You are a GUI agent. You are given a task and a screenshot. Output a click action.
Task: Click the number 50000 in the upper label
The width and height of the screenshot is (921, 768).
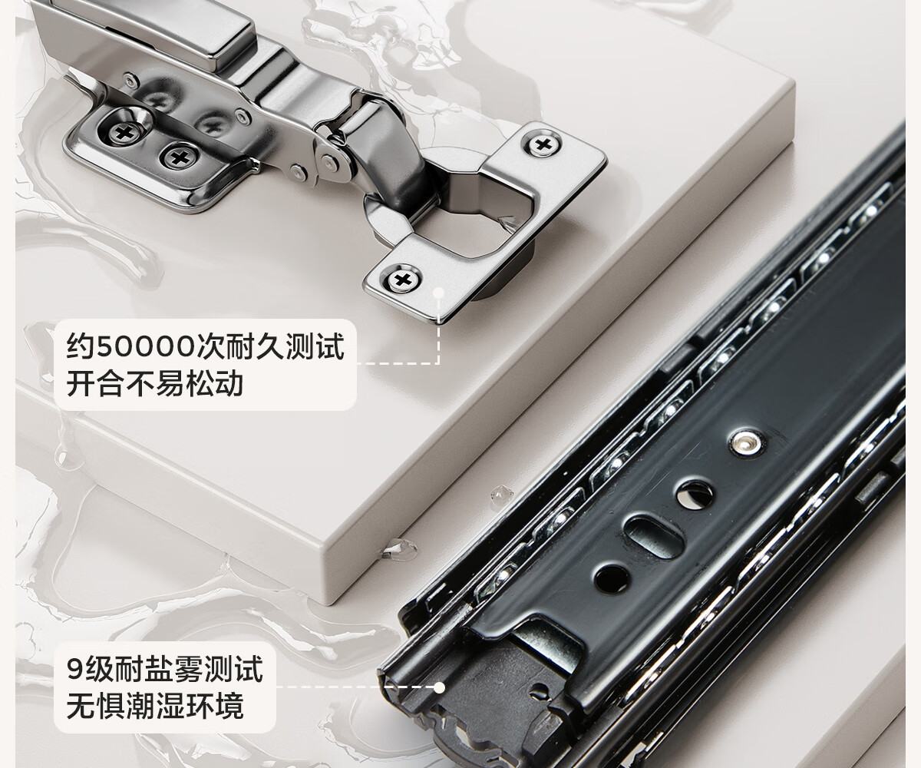tap(146, 347)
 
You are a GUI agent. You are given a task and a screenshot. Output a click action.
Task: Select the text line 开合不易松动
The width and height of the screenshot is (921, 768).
tap(155, 383)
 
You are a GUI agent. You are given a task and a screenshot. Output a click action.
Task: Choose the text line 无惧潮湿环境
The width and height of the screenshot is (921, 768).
tap(155, 707)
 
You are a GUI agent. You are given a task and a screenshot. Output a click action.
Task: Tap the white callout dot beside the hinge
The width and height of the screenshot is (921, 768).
tap(438, 292)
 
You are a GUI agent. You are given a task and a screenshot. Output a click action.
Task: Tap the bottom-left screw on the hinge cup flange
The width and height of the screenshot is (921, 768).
tap(403, 279)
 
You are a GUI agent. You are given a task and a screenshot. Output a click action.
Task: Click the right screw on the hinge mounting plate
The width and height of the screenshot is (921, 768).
tap(180, 157)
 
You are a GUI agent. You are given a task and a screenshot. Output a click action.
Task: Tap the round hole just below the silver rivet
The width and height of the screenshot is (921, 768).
tap(695, 494)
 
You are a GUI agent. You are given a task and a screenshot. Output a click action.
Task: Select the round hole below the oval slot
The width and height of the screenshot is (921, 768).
tap(612, 578)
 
